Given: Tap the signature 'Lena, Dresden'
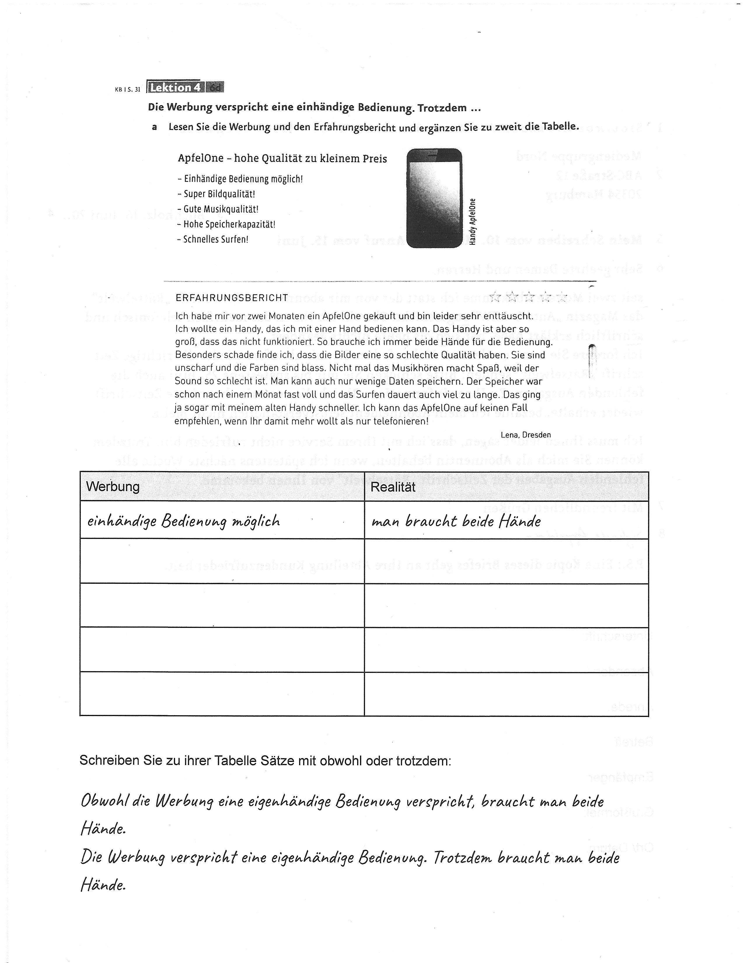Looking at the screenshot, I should coord(525,434).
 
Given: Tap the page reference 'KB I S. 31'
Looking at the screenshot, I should coord(128,89).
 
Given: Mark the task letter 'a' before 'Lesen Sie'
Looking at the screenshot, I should coord(154,127).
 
